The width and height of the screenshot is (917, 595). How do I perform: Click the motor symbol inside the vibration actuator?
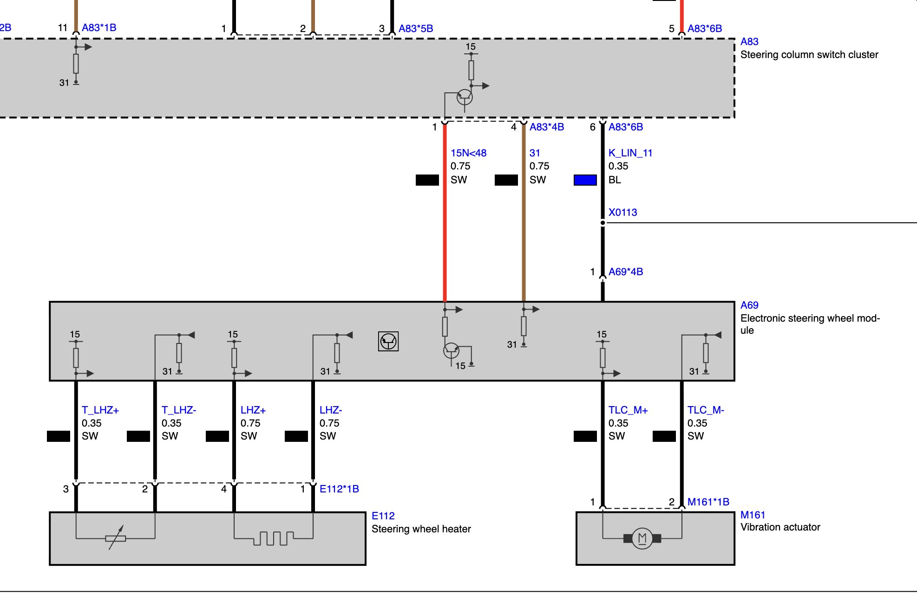tap(642, 538)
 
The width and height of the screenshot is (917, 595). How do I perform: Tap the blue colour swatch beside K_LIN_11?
tap(585, 180)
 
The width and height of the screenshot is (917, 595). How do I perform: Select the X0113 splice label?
tap(622, 213)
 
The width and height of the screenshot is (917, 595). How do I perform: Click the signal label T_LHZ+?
tap(100, 410)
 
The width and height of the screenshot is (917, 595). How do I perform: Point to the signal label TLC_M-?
tap(706, 410)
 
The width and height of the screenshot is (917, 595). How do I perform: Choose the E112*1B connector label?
tap(339, 489)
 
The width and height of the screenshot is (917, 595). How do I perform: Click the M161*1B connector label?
tap(708, 502)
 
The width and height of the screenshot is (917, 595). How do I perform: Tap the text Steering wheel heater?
tap(421, 529)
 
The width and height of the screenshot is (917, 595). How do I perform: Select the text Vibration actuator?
tap(780, 527)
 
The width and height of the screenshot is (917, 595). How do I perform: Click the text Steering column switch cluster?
tap(809, 55)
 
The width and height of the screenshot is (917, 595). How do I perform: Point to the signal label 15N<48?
tap(468, 153)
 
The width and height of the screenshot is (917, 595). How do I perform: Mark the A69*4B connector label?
tap(626, 272)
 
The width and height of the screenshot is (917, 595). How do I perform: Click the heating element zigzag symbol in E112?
tap(273, 538)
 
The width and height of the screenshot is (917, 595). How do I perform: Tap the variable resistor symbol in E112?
tap(116, 538)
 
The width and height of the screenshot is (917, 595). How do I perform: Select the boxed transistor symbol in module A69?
tap(388, 342)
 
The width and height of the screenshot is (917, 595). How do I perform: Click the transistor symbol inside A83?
tap(465, 97)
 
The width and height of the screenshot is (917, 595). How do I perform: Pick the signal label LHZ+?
tap(253, 410)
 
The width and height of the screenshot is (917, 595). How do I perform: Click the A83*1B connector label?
tap(99, 28)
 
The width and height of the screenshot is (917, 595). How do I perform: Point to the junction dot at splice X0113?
tap(603, 223)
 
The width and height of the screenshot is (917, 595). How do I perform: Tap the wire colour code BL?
tap(615, 180)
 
